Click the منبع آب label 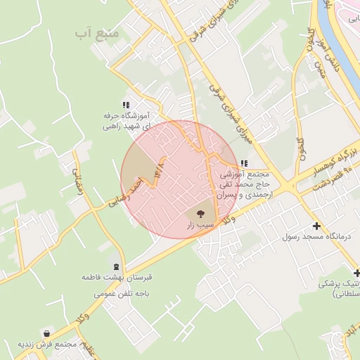(x=94, y=33)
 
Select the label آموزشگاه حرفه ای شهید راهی (x=127, y=121)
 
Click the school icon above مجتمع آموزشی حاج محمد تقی (x=243, y=163)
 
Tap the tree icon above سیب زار (x=200, y=212)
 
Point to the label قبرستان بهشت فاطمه (x=117, y=278)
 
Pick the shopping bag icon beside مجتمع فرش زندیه (x=46, y=333)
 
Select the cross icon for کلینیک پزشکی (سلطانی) (x=356, y=273)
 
